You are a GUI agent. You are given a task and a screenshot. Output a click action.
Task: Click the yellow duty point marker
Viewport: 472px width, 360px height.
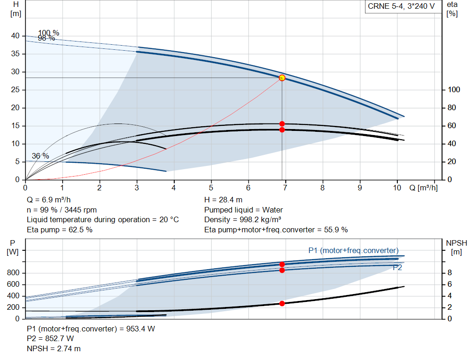pos(282,78)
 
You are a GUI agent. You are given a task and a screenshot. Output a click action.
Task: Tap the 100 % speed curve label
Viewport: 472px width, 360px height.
pos(48,33)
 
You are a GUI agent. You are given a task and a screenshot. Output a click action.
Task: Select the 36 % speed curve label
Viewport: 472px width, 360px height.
pos(41,156)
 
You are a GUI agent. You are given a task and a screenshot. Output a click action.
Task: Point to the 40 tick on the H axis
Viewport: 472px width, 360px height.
pos(15,36)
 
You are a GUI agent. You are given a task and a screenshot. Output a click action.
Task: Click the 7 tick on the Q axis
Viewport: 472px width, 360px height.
pos(285,188)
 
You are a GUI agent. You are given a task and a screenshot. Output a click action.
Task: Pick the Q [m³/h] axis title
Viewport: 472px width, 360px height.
pos(423,188)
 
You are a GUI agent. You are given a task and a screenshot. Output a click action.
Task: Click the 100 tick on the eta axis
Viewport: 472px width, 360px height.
pos(454,90)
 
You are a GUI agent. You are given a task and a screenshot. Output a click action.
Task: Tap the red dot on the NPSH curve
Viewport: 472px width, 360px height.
pos(282,303)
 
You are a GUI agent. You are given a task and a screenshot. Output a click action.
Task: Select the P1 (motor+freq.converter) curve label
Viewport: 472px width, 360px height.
pos(354,250)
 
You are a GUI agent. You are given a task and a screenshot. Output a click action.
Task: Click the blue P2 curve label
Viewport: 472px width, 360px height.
pos(397,268)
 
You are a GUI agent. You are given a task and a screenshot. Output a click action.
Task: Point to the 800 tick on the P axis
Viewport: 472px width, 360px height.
pos(13,273)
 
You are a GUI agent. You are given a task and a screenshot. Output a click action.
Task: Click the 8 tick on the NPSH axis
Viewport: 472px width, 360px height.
pos(449,273)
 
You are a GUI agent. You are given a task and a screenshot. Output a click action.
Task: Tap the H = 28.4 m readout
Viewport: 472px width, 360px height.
pos(223,200)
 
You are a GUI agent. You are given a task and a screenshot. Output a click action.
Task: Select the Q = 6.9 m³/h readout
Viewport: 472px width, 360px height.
pos(49,200)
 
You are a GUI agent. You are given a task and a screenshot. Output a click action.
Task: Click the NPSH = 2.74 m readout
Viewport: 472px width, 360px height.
pos(53,348)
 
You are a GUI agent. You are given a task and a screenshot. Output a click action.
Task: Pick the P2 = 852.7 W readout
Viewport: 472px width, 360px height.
pos(50,338)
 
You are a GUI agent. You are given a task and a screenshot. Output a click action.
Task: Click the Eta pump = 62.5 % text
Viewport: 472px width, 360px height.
pos(59,230)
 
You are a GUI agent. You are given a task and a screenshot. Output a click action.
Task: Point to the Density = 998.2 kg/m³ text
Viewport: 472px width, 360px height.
pos(242,219)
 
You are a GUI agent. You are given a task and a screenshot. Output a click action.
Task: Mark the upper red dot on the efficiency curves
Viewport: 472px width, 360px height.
pos(282,124)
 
